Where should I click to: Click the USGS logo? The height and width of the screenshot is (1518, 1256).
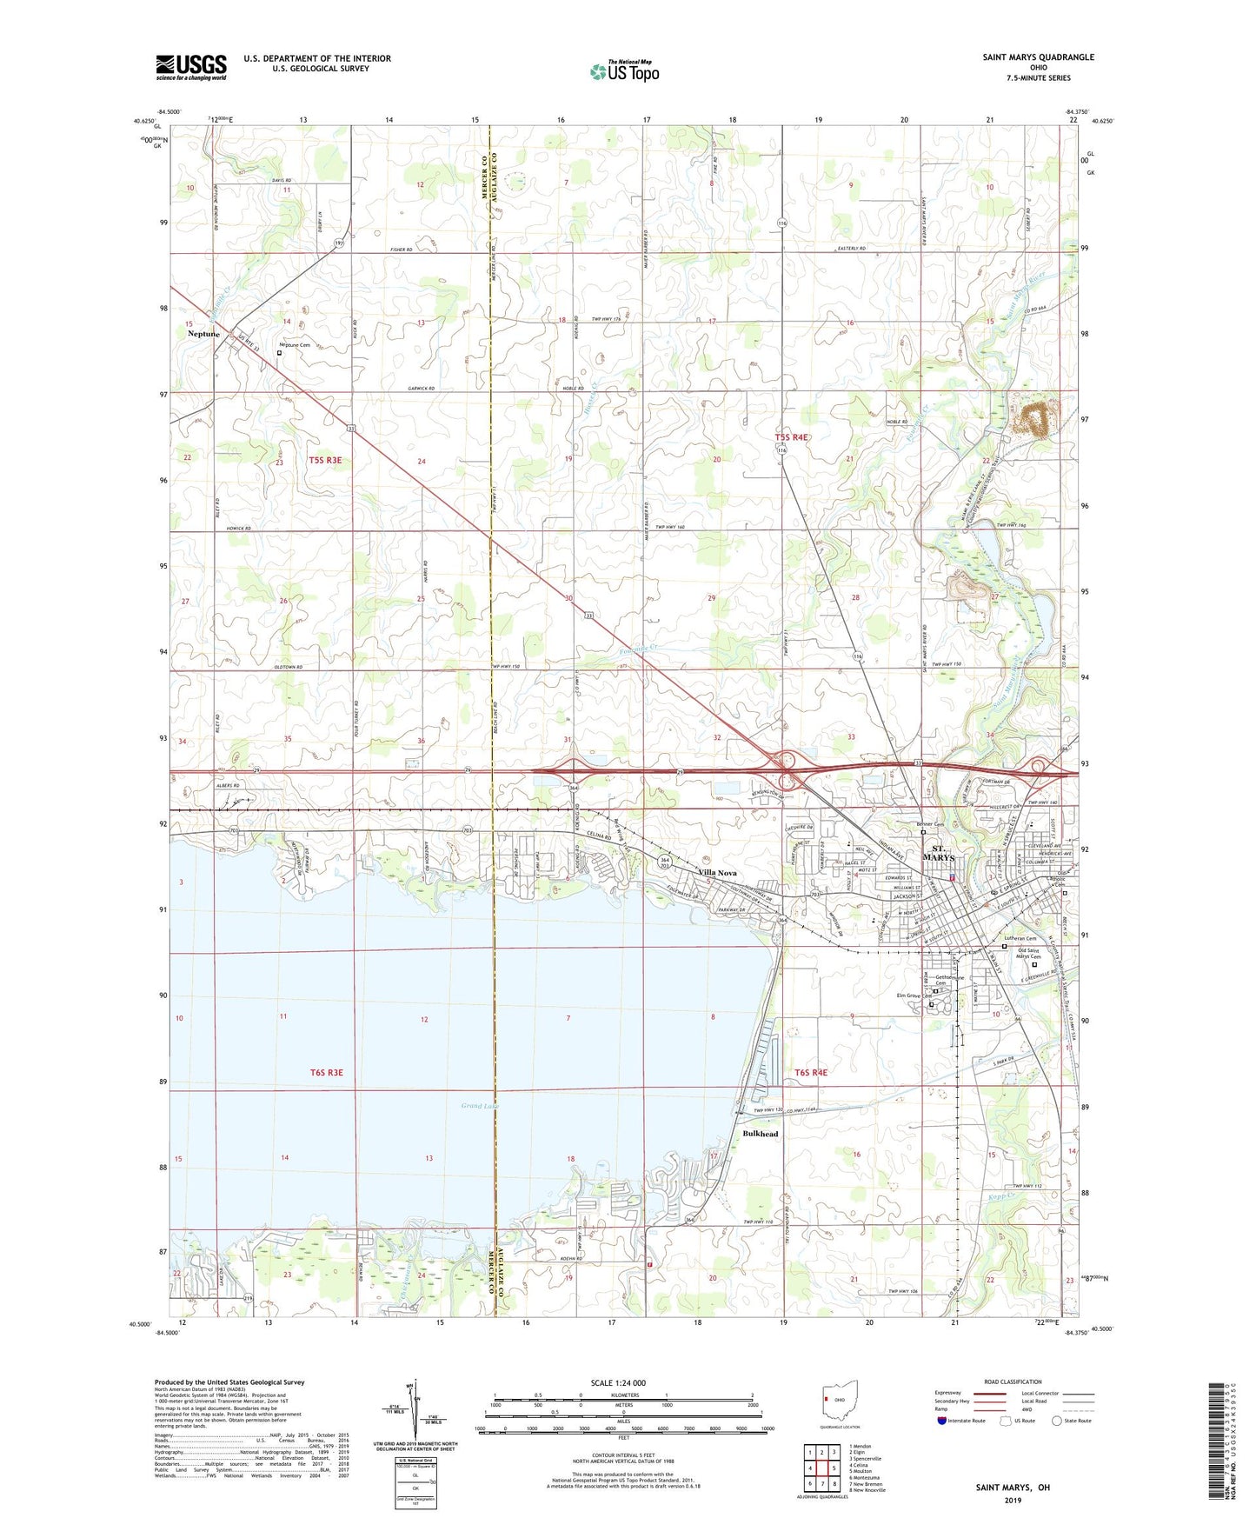[191, 67]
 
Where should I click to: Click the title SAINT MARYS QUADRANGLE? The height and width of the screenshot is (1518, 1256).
[1038, 57]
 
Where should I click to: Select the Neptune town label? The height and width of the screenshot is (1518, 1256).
[203, 334]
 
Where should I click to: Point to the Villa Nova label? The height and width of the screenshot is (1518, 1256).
[718, 872]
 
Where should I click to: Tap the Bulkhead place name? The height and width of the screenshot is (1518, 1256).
[761, 1134]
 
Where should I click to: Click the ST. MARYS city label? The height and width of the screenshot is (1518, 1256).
[942, 853]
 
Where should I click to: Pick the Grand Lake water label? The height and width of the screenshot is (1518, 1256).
[477, 1106]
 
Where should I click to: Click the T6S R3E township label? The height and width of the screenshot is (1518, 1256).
[327, 1073]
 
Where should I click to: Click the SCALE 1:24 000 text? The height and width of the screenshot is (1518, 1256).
[618, 1383]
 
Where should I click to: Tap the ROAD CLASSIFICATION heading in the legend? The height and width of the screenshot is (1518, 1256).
[1012, 1382]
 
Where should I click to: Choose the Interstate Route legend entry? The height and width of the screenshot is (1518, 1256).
[963, 1421]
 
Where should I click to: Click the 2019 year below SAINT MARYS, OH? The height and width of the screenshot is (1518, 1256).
[1012, 1500]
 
